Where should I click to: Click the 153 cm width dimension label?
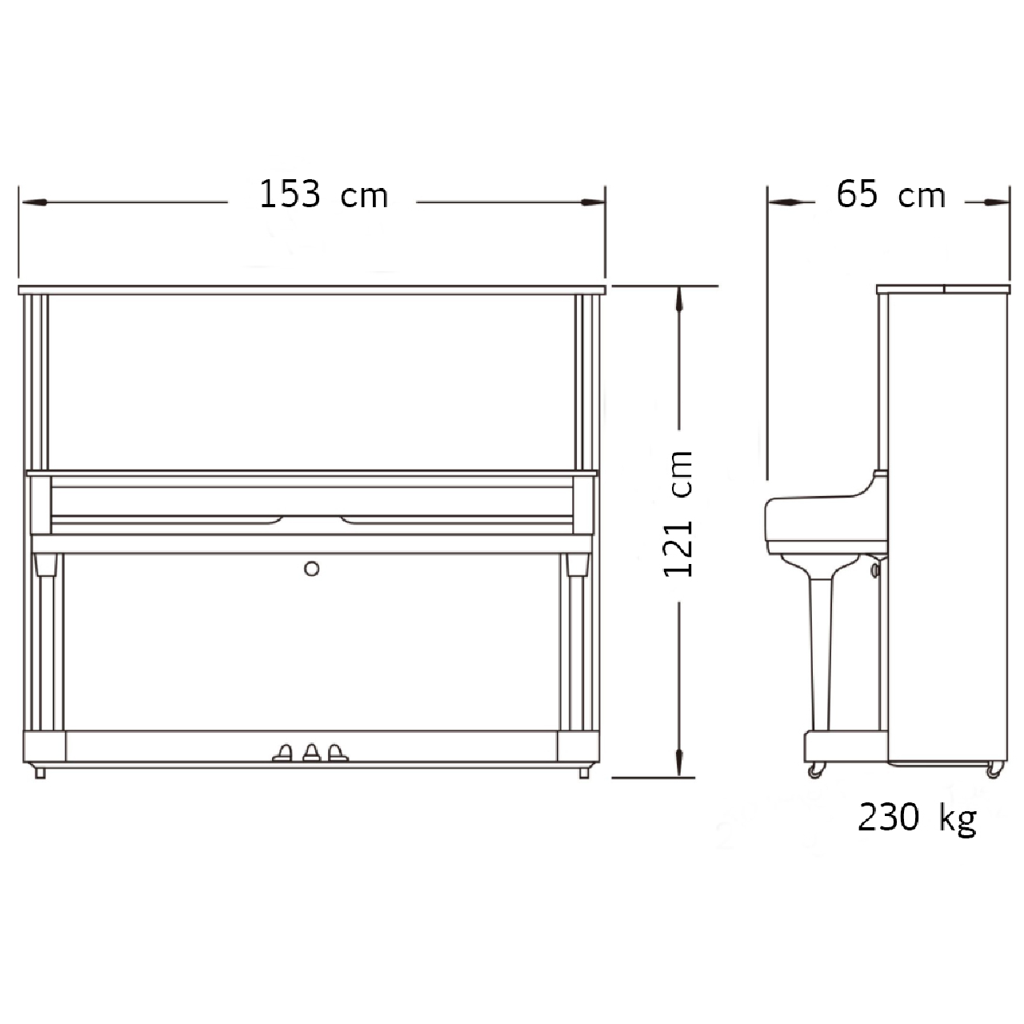pos(324,194)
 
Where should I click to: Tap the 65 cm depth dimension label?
pos(890,194)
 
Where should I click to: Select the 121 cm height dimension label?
pos(678,514)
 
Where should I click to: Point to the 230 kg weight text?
pos(917,818)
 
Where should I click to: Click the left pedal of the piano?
pos(282,753)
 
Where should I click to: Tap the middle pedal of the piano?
pos(311,753)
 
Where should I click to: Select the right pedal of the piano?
pos(337,753)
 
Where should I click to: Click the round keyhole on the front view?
pos(311,569)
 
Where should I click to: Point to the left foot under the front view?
pos(40,773)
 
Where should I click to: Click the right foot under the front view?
pos(583,773)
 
